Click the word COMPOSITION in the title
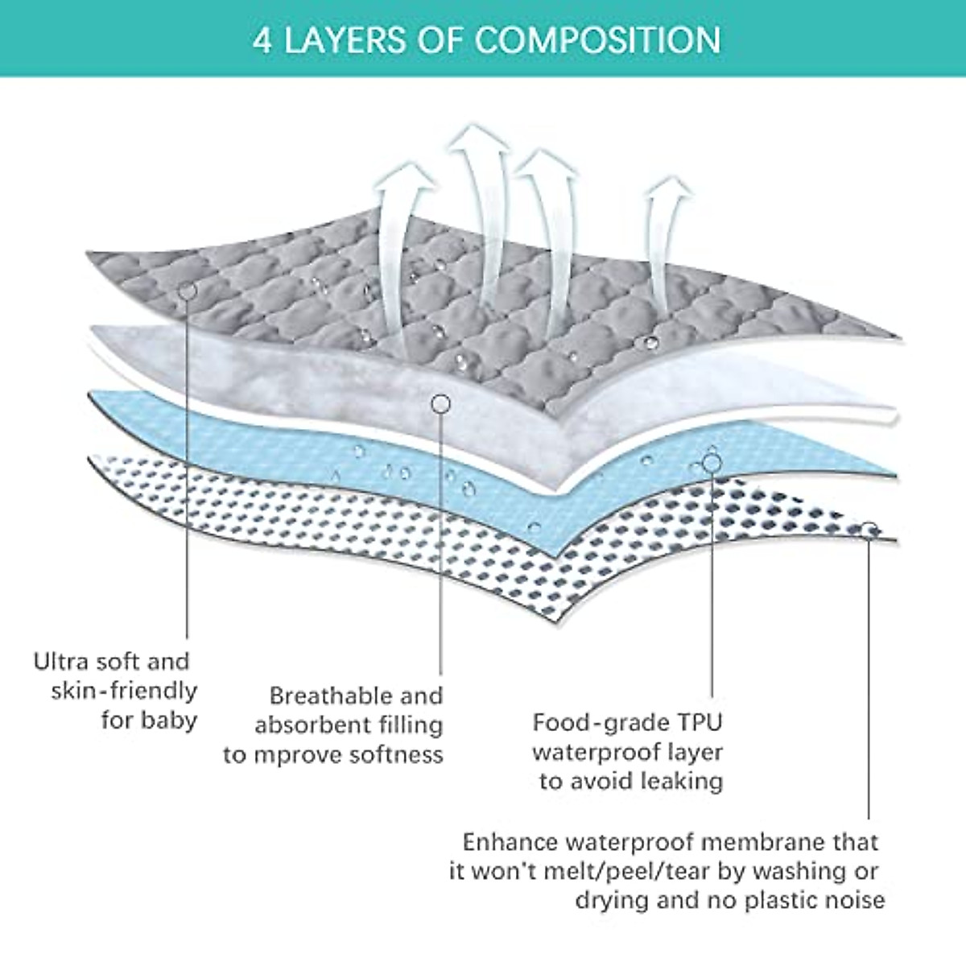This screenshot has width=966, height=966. [597, 39]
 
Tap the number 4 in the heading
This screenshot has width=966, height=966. [262, 40]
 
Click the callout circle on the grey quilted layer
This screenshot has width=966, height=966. [187, 291]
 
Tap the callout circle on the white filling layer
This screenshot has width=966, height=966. [440, 403]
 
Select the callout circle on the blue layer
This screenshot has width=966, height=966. [712, 462]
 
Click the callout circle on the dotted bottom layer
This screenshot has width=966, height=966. [869, 530]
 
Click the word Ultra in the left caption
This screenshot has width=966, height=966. [60, 662]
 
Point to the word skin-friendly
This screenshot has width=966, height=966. [124, 691]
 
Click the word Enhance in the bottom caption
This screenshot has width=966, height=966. [510, 842]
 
